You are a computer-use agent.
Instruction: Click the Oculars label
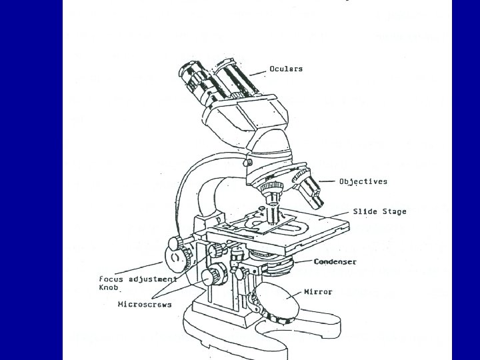(x=287, y=69)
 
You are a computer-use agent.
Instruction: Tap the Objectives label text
(x=363, y=181)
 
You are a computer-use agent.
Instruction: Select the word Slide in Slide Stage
(x=365, y=212)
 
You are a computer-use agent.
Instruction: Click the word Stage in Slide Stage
(x=394, y=212)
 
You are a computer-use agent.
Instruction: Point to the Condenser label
(x=335, y=262)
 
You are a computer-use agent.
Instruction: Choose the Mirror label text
(x=318, y=292)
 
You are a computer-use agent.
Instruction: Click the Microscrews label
(x=145, y=305)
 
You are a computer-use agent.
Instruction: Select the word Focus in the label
(x=111, y=279)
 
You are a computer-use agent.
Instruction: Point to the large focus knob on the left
(x=175, y=257)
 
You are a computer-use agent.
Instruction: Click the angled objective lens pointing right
(x=309, y=190)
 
